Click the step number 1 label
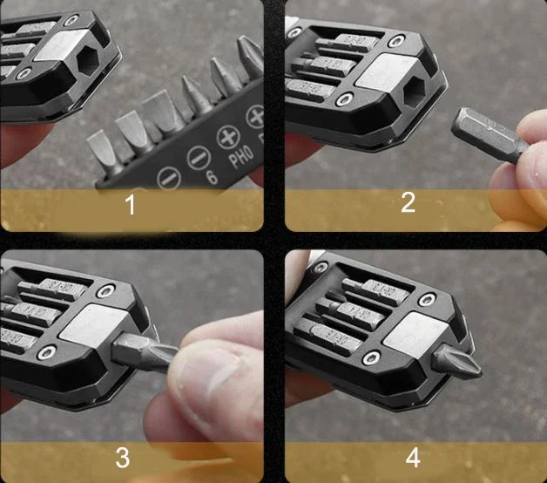coord(131,206)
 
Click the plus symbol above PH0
coord(229,137)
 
